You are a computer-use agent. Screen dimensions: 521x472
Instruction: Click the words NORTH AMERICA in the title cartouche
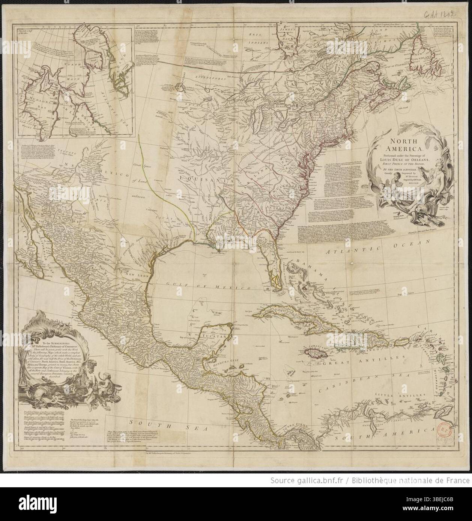(x=404, y=146)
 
